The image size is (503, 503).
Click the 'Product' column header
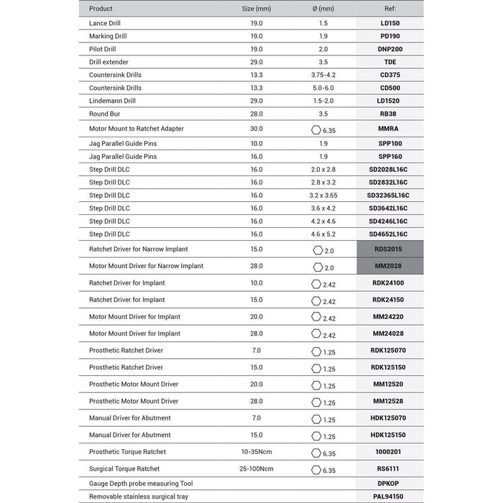101,9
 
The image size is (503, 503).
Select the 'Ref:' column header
389,9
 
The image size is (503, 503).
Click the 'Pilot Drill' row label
102,49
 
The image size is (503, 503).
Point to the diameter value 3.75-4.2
323,75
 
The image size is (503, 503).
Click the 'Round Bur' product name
104,114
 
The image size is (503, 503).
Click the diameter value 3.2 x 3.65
323,195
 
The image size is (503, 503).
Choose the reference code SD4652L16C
389,234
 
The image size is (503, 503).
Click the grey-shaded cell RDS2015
389,249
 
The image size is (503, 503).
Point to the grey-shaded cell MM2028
389,266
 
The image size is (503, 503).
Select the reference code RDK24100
389,283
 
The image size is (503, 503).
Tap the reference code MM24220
389,317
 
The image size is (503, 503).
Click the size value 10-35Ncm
257,452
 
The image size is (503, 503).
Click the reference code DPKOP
389,484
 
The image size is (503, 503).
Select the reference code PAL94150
389,496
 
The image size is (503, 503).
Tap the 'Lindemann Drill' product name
112,101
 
